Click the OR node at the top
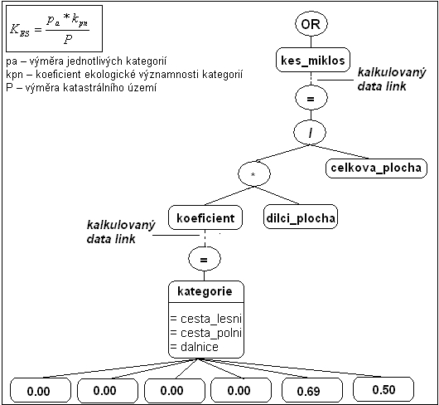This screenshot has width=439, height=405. (x=311, y=24)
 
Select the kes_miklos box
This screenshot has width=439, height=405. (x=313, y=60)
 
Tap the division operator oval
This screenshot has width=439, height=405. (x=310, y=133)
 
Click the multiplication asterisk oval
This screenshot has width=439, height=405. (x=254, y=174)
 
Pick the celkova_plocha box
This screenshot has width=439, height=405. (x=376, y=168)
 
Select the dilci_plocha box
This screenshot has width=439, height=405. (x=301, y=218)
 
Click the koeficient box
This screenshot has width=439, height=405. (x=205, y=217)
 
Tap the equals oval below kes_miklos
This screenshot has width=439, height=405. (x=311, y=98)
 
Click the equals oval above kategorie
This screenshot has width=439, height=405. (x=205, y=259)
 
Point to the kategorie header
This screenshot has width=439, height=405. (x=205, y=291)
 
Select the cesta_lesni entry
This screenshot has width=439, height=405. (x=205, y=319)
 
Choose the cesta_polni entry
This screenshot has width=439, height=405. (x=205, y=333)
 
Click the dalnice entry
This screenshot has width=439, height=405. (x=195, y=347)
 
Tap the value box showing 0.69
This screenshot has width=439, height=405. (x=312, y=390)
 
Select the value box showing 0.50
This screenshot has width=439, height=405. (x=384, y=389)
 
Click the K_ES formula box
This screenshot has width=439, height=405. (x=55, y=28)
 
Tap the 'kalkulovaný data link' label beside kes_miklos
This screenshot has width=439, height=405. (x=392, y=79)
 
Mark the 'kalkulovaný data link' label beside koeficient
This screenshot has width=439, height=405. (x=121, y=232)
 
